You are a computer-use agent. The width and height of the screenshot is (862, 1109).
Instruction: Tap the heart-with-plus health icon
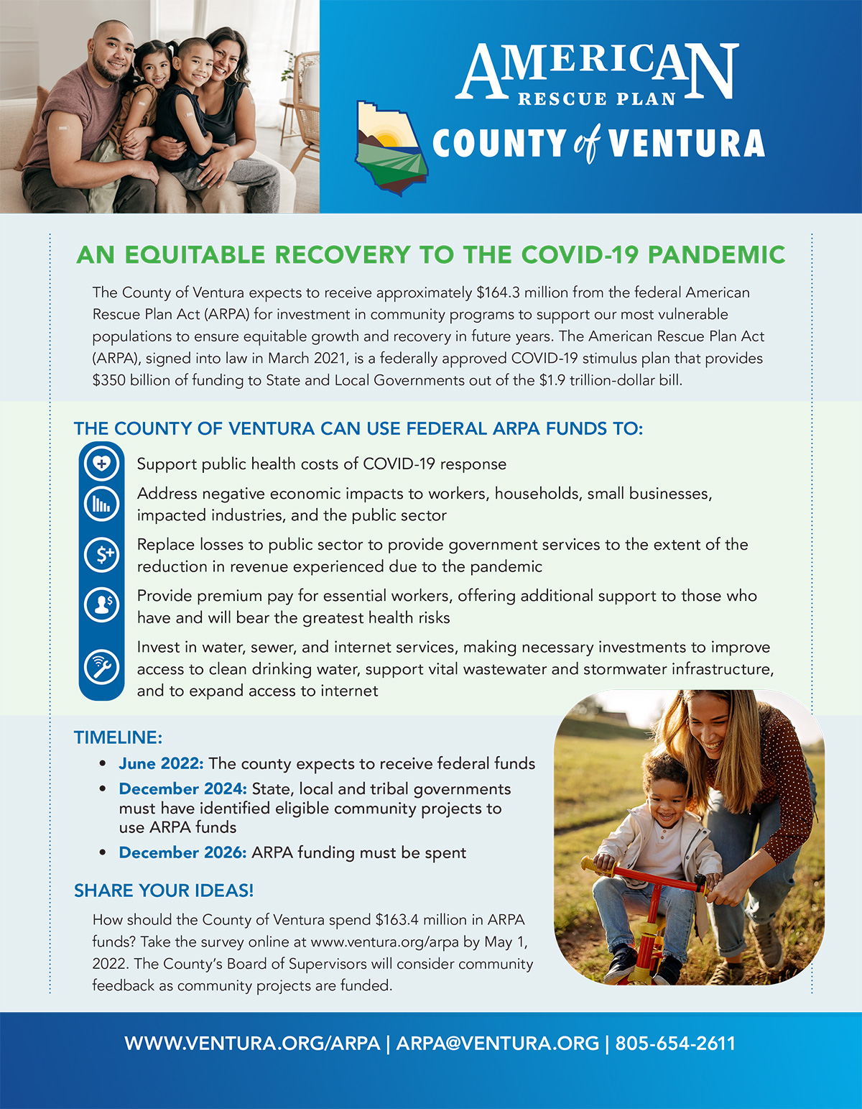click(x=101, y=464)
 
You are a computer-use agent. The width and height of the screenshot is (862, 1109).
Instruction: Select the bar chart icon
click(x=101, y=505)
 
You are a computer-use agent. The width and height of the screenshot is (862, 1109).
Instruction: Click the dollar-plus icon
click(x=102, y=554)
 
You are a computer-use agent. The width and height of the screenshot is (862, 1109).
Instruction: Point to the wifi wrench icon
click(x=101, y=666)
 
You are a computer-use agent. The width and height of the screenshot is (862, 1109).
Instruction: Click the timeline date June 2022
click(x=162, y=763)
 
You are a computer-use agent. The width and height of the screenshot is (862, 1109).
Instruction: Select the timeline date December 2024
click(x=182, y=788)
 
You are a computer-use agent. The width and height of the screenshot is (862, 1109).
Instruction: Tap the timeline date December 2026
click(x=182, y=852)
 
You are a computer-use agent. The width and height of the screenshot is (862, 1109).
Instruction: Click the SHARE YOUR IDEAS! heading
click(x=164, y=891)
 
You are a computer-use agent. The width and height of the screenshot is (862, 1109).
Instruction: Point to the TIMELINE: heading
click(x=118, y=737)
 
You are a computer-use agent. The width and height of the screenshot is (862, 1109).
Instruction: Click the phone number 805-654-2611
click(x=675, y=1044)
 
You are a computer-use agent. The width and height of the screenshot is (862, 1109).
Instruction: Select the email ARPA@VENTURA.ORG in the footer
click(x=497, y=1044)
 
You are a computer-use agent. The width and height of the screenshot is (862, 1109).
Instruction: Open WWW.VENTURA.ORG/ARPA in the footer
click(x=252, y=1044)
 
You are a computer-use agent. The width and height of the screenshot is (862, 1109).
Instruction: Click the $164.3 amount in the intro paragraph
click(x=498, y=293)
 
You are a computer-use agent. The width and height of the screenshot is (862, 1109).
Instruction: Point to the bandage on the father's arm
click(x=63, y=129)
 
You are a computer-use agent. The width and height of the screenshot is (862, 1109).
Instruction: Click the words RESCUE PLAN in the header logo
click(x=596, y=99)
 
